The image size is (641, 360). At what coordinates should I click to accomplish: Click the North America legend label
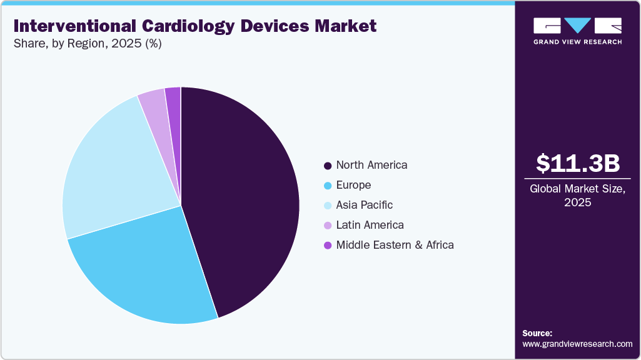(x=371, y=165)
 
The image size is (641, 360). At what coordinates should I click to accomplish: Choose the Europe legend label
(x=353, y=185)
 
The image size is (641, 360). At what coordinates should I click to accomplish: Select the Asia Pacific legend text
(x=365, y=205)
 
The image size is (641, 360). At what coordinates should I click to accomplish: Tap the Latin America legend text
(x=370, y=225)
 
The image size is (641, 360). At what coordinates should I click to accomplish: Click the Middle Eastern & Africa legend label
(x=395, y=245)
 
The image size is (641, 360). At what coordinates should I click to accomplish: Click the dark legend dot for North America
(x=327, y=166)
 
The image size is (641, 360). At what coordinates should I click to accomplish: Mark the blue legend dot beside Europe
(x=327, y=186)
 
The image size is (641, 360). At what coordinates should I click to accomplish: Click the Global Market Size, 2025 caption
(x=578, y=196)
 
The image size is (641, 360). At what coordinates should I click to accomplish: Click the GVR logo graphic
(x=577, y=26)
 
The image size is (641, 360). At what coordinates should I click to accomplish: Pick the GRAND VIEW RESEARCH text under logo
(x=577, y=42)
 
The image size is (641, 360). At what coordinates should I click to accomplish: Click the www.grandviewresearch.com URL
(x=577, y=344)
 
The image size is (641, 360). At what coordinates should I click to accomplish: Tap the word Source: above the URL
(x=537, y=333)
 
